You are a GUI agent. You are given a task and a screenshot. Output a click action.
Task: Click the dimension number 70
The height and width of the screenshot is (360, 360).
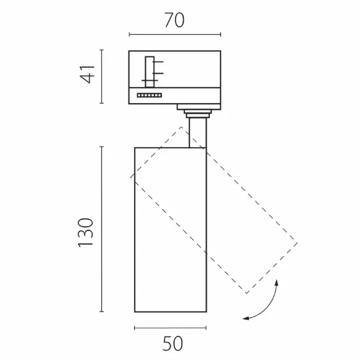pos(174,20)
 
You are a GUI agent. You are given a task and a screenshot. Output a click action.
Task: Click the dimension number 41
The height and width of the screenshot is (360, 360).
pos(88,74)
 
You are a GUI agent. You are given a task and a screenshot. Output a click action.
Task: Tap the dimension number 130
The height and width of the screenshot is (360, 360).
pos(86,233)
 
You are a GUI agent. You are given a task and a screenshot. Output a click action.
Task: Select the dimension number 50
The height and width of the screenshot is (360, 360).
pos(173,343)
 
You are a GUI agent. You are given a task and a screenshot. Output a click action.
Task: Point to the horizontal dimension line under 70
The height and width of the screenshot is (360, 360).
pos(175,35)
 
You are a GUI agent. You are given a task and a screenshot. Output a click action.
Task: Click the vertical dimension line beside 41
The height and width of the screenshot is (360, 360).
pos(102,76)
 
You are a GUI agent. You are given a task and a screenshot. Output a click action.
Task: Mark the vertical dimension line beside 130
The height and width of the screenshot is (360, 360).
pos(102,229)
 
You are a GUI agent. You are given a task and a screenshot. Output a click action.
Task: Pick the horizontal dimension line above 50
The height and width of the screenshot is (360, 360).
pos(170,328)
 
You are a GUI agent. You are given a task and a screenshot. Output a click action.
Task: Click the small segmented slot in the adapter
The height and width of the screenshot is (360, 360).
pos(150,96)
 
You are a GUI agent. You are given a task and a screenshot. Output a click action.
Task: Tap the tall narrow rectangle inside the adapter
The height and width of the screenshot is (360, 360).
pos(150,72)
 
